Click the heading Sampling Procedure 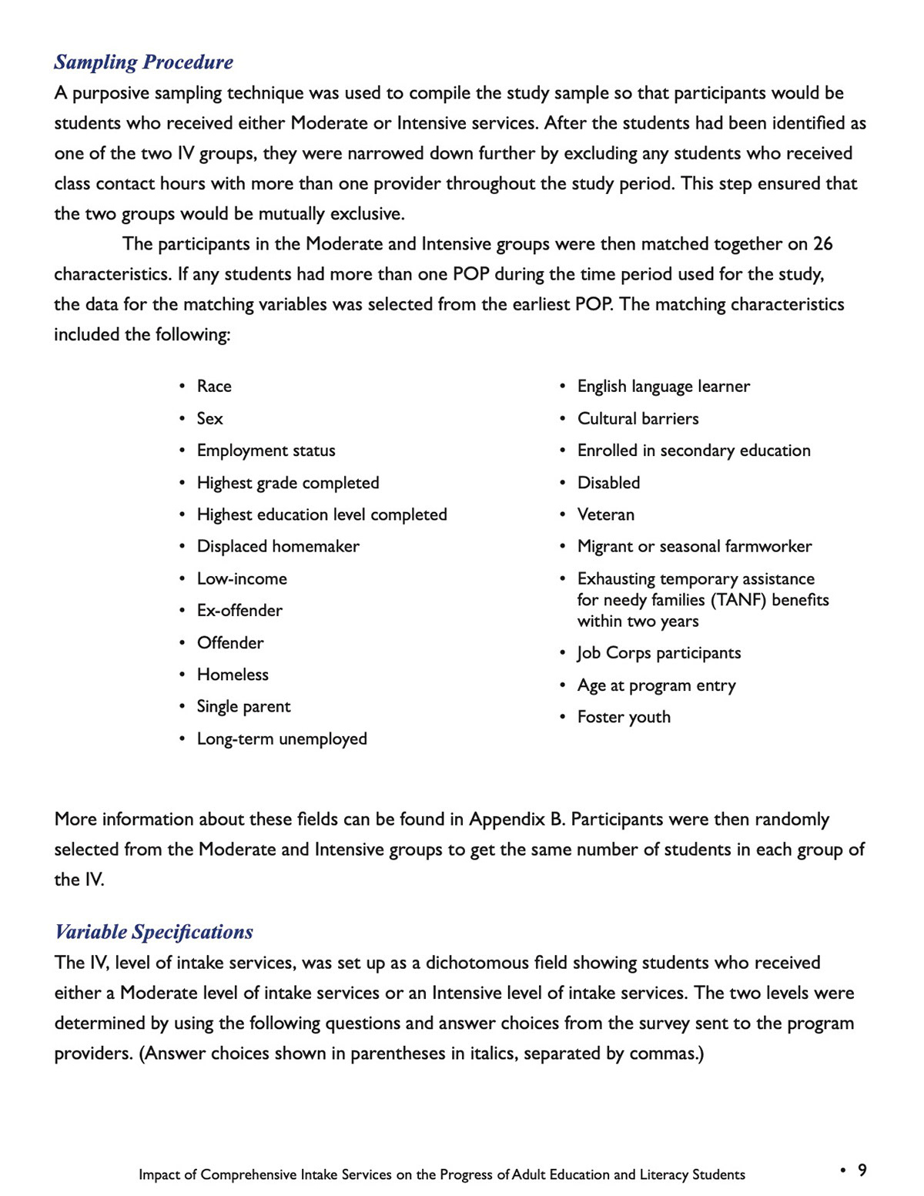[143, 62]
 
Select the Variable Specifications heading [153, 932]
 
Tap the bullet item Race [214, 387]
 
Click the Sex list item [209, 419]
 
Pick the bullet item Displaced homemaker [278, 547]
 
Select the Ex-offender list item [239, 611]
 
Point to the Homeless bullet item [233, 675]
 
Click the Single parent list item [243, 707]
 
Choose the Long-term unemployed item [282, 739]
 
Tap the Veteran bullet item [606, 514]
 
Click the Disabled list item [608, 483]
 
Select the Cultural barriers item [638, 419]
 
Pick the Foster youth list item [624, 718]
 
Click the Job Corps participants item [659, 654]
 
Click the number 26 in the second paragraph [822, 244]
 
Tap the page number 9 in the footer [862, 1171]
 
